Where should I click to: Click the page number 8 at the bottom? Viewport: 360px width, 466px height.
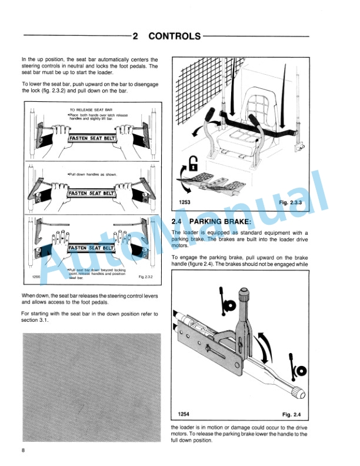(23, 451)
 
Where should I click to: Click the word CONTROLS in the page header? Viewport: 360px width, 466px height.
(174, 36)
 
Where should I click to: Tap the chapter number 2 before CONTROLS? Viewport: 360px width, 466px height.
(135, 36)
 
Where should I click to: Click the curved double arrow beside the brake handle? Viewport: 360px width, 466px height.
(266, 344)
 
